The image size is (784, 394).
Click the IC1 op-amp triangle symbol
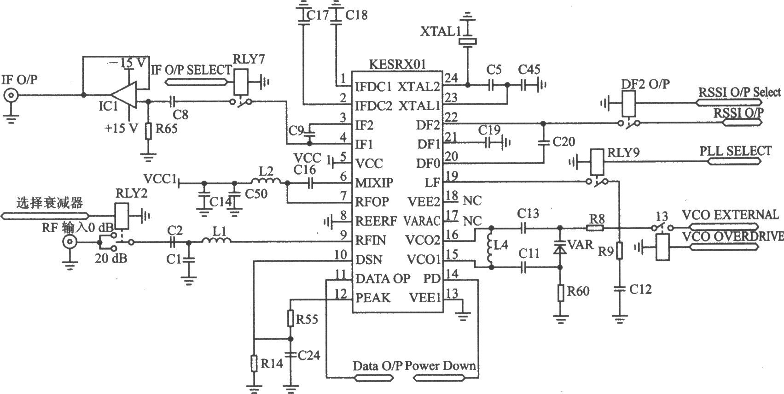(x=124, y=95)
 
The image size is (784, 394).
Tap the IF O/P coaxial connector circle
(x=11, y=95)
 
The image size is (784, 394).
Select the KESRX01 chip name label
(x=397, y=65)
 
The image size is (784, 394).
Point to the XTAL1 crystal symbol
(x=467, y=41)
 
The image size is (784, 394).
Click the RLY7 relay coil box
(x=241, y=82)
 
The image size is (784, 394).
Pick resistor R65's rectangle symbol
(x=149, y=131)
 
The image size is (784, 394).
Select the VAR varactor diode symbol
(x=560, y=247)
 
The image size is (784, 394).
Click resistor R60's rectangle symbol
(x=560, y=293)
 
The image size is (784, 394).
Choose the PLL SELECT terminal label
(x=735, y=151)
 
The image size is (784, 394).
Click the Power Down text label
(x=440, y=366)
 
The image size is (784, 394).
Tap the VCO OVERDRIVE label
(x=733, y=236)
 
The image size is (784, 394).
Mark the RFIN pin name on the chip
(x=371, y=240)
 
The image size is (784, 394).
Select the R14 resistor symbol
(x=255, y=363)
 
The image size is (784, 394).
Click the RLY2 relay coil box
(x=122, y=216)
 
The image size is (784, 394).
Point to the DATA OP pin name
(x=383, y=279)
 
